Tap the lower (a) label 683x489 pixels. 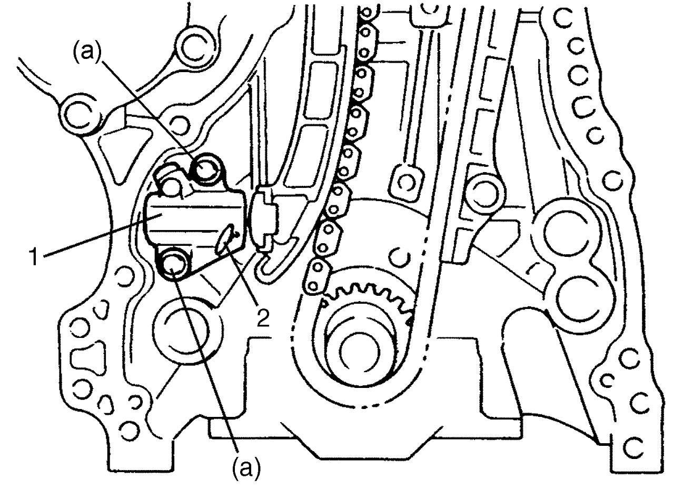click(x=246, y=470)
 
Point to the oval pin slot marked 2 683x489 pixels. click(x=225, y=240)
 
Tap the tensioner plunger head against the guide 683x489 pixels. click(x=264, y=219)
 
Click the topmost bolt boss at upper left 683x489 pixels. click(x=196, y=46)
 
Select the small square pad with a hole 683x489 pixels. click(x=407, y=182)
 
